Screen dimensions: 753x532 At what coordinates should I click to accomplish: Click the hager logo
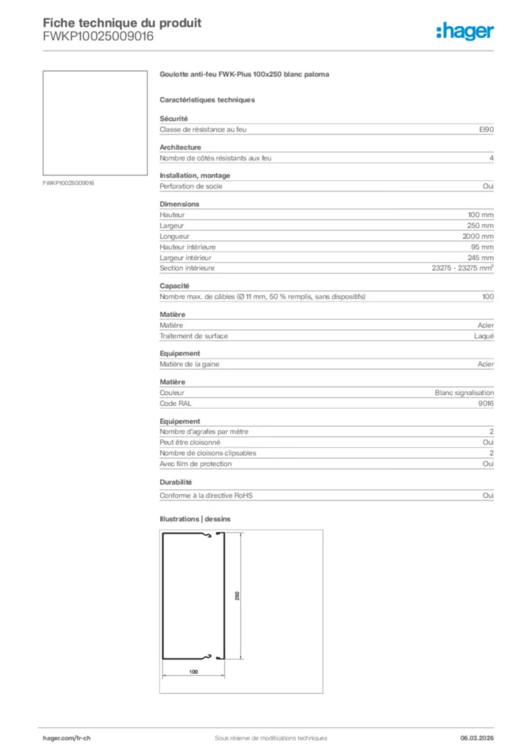click(x=464, y=31)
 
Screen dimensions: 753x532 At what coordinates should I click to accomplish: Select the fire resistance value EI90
click(x=486, y=129)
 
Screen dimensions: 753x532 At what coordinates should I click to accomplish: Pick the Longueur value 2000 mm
click(x=478, y=236)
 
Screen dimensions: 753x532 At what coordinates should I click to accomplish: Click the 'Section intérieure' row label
click(x=187, y=268)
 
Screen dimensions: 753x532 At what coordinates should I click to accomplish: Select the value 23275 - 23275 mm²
click(x=462, y=268)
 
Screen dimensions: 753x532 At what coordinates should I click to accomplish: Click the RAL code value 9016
click(x=486, y=404)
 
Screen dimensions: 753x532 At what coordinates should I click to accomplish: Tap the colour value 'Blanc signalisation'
click(x=464, y=393)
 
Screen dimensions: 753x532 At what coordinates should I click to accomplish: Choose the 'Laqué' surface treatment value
click(x=484, y=336)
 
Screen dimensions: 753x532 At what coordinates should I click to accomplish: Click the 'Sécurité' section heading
click(x=174, y=118)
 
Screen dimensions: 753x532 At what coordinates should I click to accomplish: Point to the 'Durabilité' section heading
click(x=176, y=482)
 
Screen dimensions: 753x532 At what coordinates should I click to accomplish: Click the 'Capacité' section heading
click(x=175, y=285)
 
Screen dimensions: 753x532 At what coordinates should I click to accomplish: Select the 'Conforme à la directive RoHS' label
click(x=206, y=496)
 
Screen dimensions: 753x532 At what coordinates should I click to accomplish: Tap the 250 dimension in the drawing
click(x=237, y=596)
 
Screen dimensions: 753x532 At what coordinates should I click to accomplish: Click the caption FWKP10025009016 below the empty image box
click(x=69, y=182)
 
